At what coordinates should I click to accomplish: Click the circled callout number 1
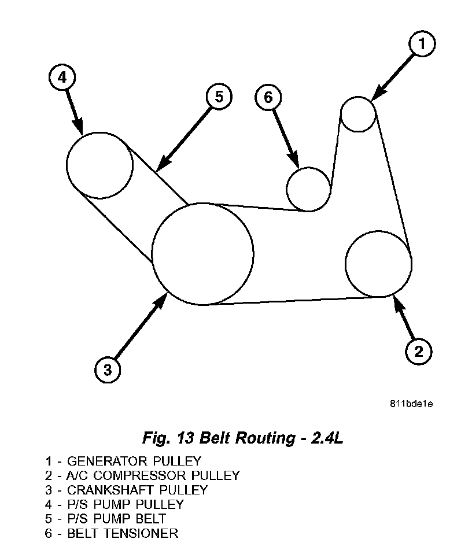click(422, 44)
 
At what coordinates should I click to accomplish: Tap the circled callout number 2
click(419, 350)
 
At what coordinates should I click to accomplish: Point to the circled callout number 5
click(219, 97)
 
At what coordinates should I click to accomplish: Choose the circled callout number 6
click(268, 97)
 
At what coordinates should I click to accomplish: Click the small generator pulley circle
click(359, 114)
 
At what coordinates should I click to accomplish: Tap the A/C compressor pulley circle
click(378, 264)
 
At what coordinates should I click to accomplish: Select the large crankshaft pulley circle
click(202, 254)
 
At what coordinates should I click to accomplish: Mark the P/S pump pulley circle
click(99, 165)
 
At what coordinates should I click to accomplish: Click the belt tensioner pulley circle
click(309, 189)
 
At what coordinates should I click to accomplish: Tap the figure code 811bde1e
click(411, 403)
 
